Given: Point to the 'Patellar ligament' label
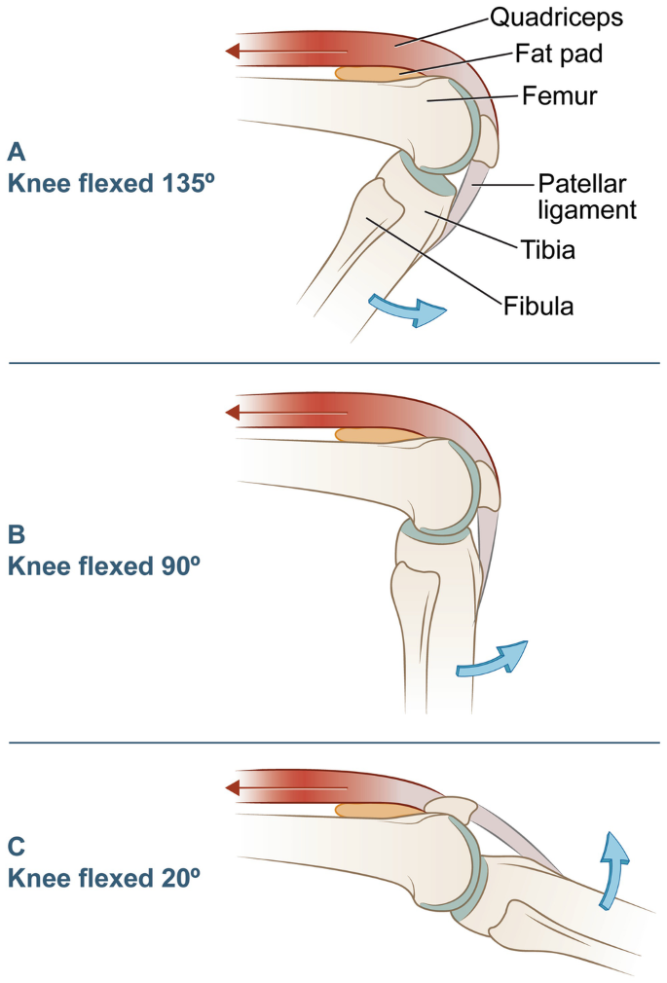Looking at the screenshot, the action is pyautogui.click(x=587, y=196).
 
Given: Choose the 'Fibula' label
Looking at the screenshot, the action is pyautogui.click(x=538, y=306).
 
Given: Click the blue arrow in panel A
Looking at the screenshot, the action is pyautogui.click(x=410, y=310).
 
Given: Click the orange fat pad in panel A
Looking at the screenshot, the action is pyautogui.click(x=369, y=73).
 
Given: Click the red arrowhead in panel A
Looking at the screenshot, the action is pyautogui.click(x=232, y=51).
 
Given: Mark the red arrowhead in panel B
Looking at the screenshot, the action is pyautogui.click(x=232, y=413).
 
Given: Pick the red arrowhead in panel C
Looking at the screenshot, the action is pyautogui.click(x=232, y=787).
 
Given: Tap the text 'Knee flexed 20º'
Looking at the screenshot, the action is pyautogui.click(x=103, y=875).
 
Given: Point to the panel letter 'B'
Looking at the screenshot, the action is pyautogui.click(x=16, y=535).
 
